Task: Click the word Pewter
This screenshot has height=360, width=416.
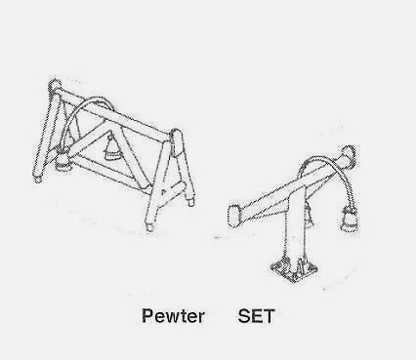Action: (173, 316)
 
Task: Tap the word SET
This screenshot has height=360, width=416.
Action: (257, 316)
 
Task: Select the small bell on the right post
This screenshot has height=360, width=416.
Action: (309, 216)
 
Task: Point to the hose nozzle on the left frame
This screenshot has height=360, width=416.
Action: (62, 161)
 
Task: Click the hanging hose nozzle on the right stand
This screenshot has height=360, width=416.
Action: (349, 220)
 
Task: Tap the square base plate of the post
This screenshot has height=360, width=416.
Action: (294, 268)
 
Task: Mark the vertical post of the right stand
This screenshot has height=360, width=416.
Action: (295, 226)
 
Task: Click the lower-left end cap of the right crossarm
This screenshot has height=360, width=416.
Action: (234, 216)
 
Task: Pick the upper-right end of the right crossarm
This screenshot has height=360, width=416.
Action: (348, 156)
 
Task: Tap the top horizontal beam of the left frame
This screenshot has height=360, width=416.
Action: (114, 111)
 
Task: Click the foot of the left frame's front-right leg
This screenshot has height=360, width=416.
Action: (149, 226)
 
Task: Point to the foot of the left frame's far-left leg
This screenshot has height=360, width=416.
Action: (38, 178)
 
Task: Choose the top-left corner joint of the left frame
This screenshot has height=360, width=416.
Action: (55, 86)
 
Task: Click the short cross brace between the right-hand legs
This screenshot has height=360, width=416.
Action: (173, 189)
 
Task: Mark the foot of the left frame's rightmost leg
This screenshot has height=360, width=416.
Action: (191, 201)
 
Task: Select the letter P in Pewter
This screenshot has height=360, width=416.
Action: (147, 316)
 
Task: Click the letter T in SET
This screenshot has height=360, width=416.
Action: (269, 316)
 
